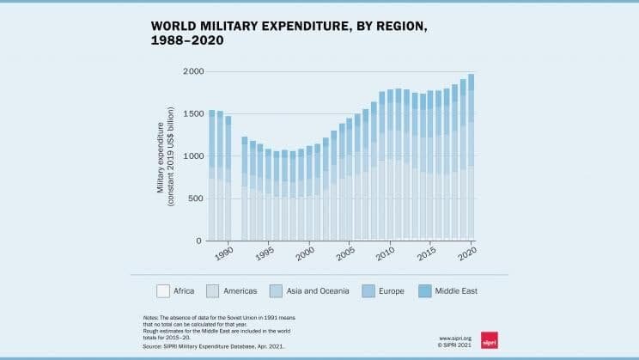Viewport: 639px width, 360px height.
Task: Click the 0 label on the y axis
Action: (198, 241)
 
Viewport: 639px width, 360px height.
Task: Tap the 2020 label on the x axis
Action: (467, 255)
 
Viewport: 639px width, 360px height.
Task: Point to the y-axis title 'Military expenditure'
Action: (161, 156)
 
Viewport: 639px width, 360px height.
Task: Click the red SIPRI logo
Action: (490, 339)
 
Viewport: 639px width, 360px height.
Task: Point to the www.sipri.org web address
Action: (456, 339)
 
